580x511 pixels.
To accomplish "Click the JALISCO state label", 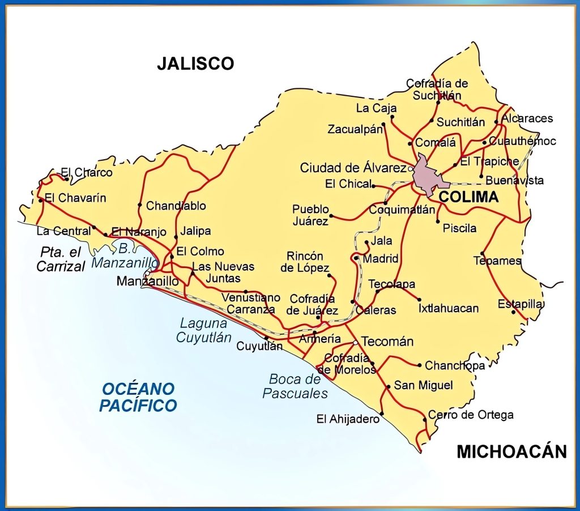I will point(195,63).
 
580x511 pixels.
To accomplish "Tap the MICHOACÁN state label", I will point(511,452).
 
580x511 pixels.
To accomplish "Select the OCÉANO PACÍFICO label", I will point(138,397).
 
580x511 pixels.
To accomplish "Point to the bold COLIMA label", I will point(469,197).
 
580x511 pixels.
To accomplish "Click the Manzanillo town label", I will point(147,281).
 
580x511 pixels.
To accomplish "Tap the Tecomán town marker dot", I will point(355,343).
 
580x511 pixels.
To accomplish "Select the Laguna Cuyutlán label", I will point(203,330).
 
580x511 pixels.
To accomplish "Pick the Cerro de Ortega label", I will point(471,415).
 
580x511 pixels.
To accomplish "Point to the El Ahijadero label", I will point(347,419).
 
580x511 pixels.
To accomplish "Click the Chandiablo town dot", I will point(140,205).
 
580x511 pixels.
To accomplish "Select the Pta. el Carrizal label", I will point(61,259).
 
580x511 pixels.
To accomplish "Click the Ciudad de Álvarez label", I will point(353,168).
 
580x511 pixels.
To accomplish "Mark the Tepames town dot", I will point(482,253).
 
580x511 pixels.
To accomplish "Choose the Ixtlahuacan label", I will point(449,309).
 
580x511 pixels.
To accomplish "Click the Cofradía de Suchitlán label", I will point(437,90).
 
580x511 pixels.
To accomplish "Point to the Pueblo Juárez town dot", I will point(331,216).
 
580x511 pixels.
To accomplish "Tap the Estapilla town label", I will point(521,304).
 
